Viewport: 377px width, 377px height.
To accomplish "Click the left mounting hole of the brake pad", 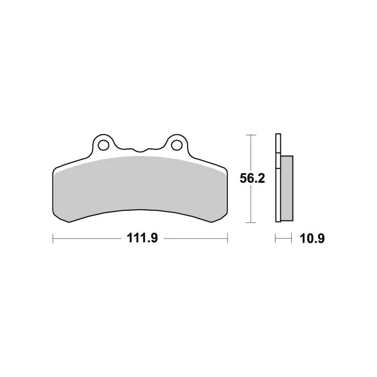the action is click(103, 145).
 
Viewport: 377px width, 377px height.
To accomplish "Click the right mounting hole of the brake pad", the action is click(177, 145).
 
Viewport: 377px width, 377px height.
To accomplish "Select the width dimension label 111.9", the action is click(142, 238).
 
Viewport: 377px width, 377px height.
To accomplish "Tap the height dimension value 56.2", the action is click(252, 179).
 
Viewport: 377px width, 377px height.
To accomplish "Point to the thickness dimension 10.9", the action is click(312, 238).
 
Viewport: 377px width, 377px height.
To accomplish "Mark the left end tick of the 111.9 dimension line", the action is click(53, 238).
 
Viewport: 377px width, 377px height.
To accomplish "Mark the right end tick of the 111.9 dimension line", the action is click(228, 238).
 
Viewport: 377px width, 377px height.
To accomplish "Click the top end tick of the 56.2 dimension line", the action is click(251, 135).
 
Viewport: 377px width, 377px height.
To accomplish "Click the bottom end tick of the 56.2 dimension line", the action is click(251, 222).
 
